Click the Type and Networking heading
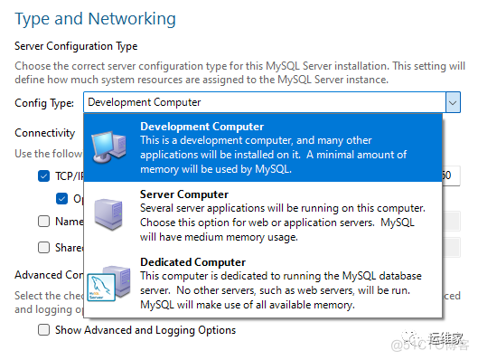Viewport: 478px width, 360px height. (x=96, y=18)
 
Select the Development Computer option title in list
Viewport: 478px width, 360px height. (x=202, y=126)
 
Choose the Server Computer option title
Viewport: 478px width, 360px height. (x=184, y=194)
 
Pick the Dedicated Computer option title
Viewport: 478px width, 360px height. (x=192, y=261)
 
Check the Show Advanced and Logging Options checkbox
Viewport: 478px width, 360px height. (x=44, y=330)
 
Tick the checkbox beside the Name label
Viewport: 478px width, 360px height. (x=44, y=221)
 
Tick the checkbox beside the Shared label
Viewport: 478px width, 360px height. (x=44, y=247)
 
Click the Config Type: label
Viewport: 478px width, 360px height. (x=45, y=103)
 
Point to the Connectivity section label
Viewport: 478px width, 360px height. (x=44, y=132)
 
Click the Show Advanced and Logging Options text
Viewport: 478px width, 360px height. (x=145, y=330)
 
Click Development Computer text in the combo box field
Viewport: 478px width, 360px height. (x=145, y=103)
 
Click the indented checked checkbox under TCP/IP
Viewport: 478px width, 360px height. (x=61, y=198)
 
